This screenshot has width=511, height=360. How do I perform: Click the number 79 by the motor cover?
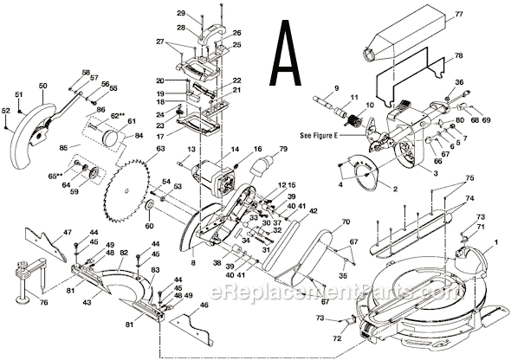click(x=281, y=149)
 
